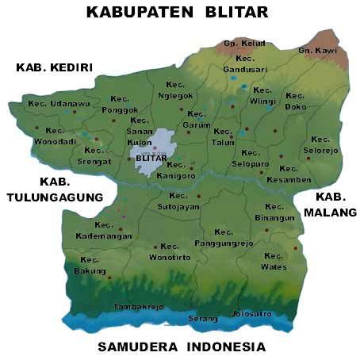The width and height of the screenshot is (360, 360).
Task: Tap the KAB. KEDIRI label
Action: coord(55,68)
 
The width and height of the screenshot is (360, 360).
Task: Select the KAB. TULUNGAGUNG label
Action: coord(56,189)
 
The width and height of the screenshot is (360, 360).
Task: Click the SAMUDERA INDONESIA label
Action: coord(181,347)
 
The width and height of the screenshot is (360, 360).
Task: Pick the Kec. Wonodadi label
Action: coord(54,136)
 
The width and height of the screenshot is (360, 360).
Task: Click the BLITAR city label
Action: coord(151,158)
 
